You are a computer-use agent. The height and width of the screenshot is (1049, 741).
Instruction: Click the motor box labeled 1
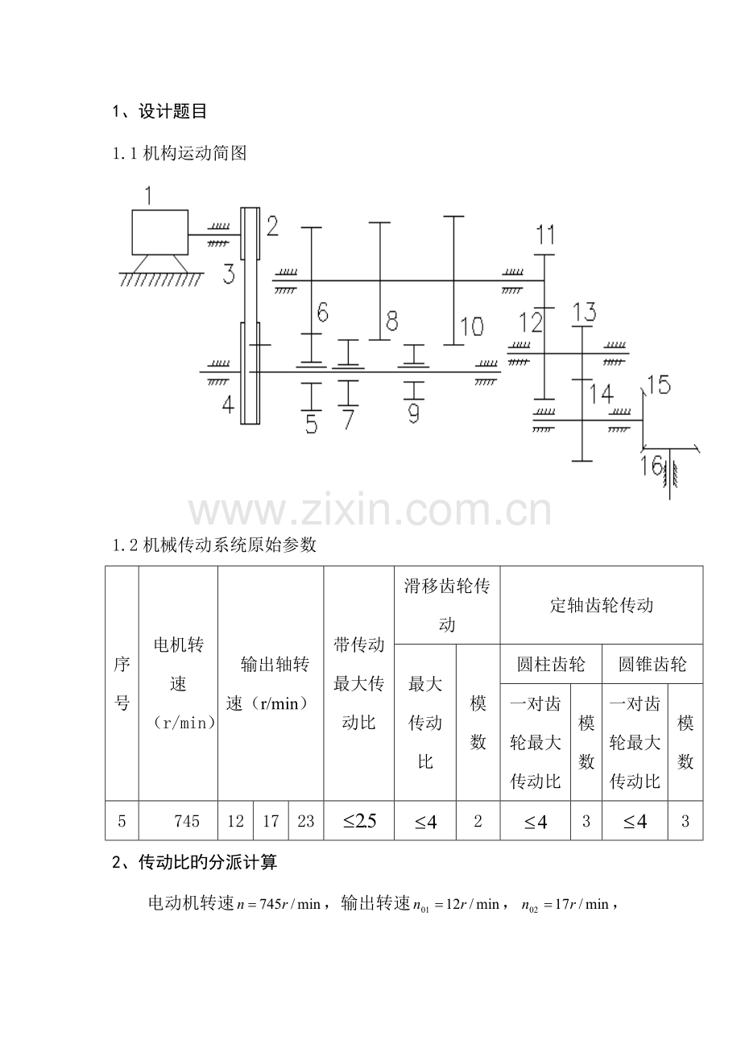159,233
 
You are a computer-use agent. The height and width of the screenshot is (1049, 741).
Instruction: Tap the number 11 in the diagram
545,235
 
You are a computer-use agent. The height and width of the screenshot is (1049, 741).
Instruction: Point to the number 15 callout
658,385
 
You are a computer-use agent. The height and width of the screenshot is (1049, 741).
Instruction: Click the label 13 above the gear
584,311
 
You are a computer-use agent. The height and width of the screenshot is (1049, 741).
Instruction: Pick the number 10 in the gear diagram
471,326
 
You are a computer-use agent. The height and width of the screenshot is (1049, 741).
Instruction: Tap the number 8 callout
392,321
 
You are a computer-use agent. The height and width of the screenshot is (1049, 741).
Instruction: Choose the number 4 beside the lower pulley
228,404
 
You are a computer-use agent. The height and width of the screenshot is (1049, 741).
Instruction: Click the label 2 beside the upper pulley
272,226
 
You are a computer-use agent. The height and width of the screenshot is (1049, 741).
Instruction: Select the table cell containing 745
186,821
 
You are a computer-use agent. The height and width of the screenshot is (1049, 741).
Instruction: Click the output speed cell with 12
235,821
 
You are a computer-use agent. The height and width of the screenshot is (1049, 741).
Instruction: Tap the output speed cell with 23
306,821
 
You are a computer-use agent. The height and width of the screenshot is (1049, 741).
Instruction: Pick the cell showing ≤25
359,821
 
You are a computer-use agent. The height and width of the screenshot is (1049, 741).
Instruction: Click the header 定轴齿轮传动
601,605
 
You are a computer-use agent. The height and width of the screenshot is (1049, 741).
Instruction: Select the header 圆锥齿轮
652,665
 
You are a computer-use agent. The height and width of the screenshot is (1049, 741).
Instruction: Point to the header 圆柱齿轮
551,665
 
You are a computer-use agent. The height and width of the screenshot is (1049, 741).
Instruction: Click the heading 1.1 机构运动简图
179,153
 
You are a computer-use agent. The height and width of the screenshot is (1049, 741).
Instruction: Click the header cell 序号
122,683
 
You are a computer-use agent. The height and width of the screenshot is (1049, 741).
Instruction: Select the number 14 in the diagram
601,394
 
